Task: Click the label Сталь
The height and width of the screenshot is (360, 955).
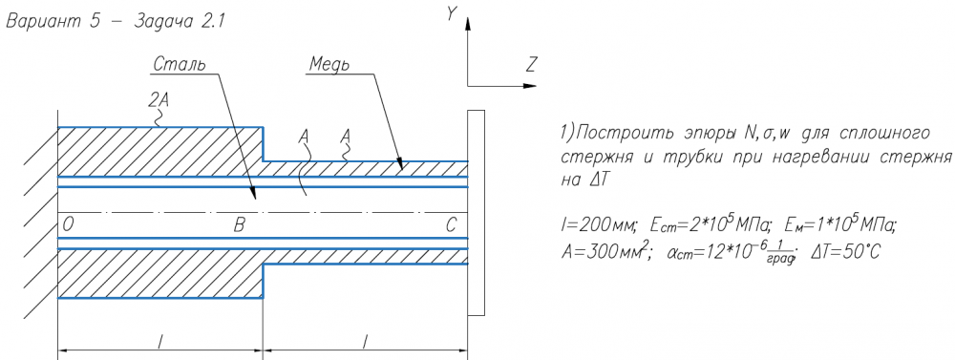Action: coord(180,64)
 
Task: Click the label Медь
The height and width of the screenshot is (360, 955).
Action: coord(329,63)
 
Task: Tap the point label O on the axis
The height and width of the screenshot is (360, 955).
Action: coord(68,225)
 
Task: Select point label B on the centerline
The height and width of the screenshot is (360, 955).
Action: coord(240,225)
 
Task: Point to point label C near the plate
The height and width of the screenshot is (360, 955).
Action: coord(450,225)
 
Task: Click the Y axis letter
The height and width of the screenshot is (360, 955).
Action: coord(452,14)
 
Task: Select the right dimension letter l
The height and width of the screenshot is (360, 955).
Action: coord(365,343)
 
